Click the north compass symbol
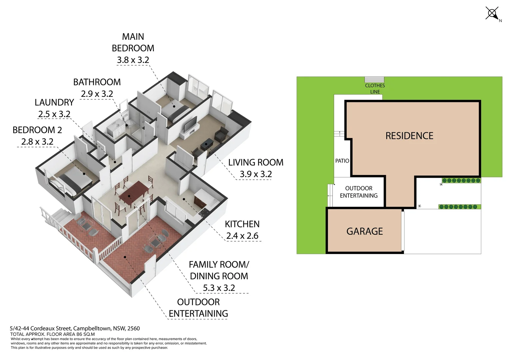492,14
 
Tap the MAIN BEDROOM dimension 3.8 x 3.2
133,60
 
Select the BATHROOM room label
97,82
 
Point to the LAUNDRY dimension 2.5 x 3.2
54,114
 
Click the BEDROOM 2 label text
37,130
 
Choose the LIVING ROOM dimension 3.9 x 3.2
255,174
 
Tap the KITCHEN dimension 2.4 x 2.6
242,236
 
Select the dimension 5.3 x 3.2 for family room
219,288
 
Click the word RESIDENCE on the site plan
409,136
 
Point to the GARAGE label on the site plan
364,231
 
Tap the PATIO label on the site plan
342,161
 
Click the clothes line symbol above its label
374,80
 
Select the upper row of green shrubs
461,181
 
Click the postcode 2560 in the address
133,328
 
